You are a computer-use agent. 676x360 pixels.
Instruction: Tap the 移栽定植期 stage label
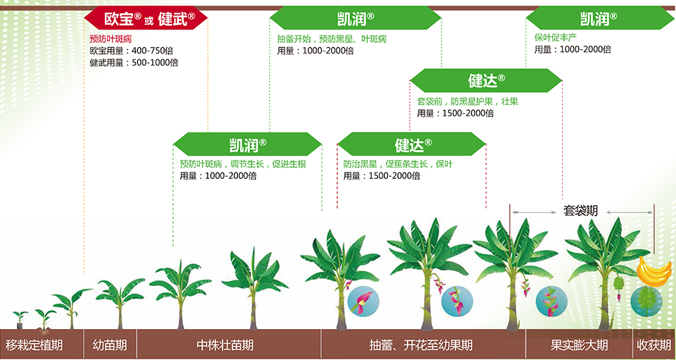(x=35, y=345)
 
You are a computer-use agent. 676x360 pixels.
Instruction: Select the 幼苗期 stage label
(x=110, y=345)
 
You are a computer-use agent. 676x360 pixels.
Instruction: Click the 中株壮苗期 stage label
(x=225, y=345)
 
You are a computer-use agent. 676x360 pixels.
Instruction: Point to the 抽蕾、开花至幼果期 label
(x=421, y=345)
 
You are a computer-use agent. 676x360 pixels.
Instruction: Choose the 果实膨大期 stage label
(x=579, y=345)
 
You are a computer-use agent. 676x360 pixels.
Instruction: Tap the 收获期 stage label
(x=653, y=345)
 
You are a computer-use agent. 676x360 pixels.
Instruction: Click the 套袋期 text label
(x=581, y=211)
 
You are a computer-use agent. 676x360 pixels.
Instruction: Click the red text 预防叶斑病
(x=111, y=39)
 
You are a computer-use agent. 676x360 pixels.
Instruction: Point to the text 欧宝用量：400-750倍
(x=134, y=51)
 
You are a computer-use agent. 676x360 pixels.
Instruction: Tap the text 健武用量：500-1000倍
(x=134, y=63)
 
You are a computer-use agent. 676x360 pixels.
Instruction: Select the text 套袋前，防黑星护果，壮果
(x=468, y=101)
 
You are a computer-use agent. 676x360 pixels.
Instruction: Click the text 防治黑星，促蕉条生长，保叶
(x=398, y=164)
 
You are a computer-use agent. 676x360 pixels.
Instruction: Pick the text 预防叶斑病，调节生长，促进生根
(x=243, y=164)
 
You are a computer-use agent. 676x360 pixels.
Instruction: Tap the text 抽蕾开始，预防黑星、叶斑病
(x=332, y=39)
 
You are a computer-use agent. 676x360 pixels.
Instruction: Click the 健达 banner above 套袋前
(x=487, y=80)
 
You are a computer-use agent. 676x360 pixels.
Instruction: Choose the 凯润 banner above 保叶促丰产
(x=599, y=18)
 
